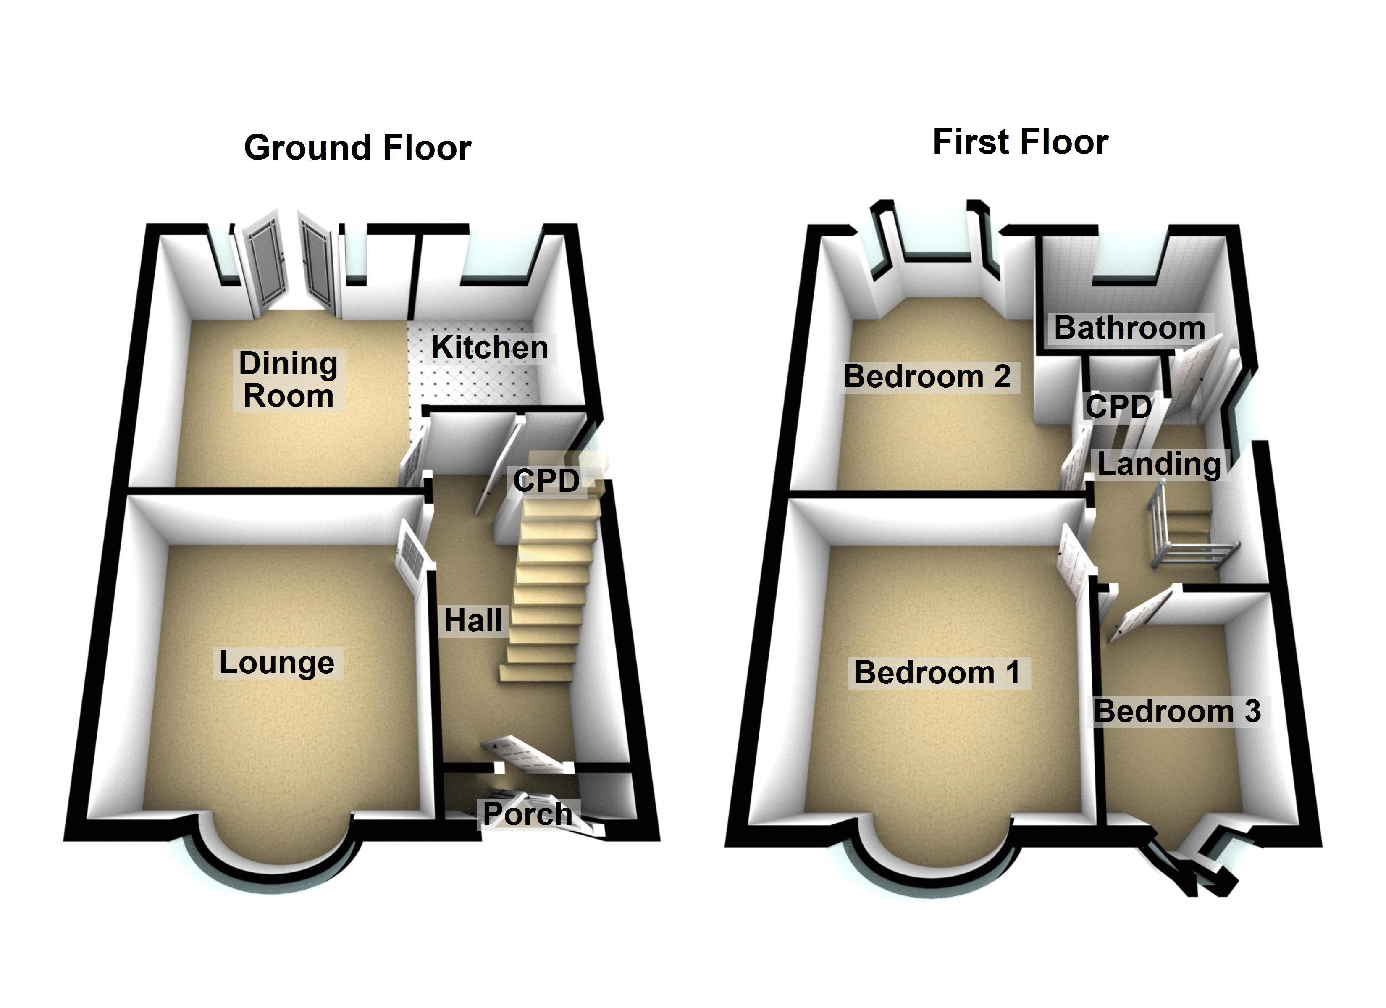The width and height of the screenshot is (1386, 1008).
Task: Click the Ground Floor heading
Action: pyautogui.click(x=357, y=148)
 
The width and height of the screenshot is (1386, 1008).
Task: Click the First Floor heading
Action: pyautogui.click(x=1021, y=142)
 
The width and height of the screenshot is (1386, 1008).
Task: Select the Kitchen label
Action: pyautogui.click(x=489, y=348)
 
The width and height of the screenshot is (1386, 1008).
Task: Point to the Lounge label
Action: pyautogui.click(x=277, y=663)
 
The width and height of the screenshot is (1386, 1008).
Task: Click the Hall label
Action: pyautogui.click(x=473, y=621)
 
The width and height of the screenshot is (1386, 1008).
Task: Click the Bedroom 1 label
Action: pyautogui.click(x=937, y=672)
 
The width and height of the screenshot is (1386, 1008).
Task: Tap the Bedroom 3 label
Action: pyautogui.click(x=1177, y=711)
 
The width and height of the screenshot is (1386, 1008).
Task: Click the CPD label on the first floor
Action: pyautogui.click(x=1118, y=407)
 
